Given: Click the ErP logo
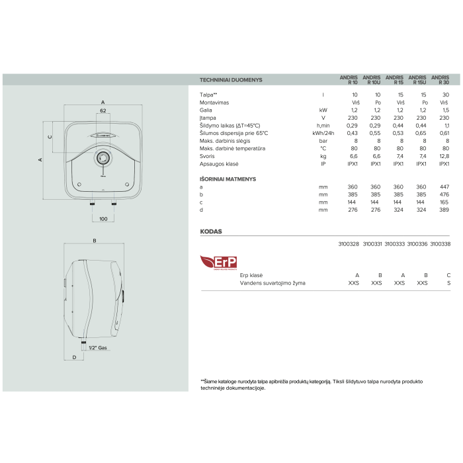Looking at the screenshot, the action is coord(218,263).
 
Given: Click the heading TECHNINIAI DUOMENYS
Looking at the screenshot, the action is coord(231,80).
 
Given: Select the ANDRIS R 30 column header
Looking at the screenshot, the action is coord(441,80).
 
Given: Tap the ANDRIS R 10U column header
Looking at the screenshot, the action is coord(372,80).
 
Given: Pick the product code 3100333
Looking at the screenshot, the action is coord(394,244).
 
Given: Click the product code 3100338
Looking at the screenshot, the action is coord(441,244).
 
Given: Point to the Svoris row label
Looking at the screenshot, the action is coord(207,156).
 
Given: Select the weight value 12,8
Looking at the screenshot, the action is coord(444,156).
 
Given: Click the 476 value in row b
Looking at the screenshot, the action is coord(444,194).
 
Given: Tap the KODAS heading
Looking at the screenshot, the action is coord(211,232).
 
